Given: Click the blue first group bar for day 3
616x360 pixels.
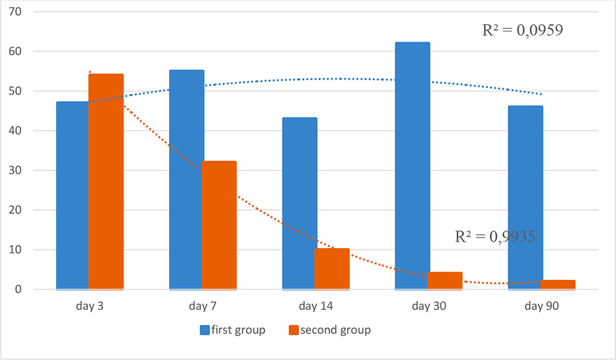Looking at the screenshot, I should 72,196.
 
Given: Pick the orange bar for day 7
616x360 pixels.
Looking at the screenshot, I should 219,225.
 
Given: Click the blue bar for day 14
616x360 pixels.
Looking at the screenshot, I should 298,203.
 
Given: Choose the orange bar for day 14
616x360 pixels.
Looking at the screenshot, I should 332,268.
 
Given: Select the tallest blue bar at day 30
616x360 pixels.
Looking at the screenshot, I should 412,166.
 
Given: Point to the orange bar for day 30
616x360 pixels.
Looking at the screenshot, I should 445,281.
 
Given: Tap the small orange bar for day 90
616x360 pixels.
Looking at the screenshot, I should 559,285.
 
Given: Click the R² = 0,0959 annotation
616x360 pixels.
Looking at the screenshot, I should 523,31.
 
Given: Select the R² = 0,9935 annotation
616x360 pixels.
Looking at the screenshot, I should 495,237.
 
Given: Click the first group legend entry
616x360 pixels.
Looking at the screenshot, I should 232,330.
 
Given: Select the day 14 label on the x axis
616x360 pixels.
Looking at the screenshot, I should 315,306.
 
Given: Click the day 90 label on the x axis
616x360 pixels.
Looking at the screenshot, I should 541,306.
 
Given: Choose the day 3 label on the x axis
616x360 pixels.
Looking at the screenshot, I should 89,306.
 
